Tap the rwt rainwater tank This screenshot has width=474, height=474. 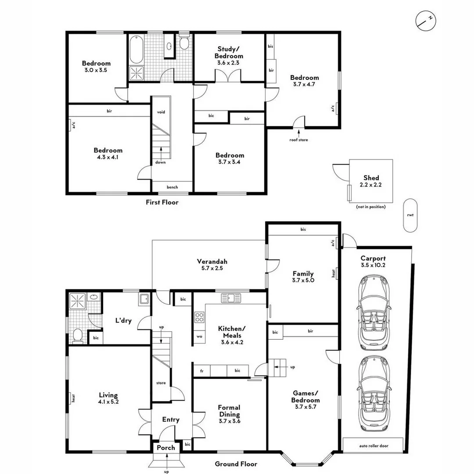pos(410,215)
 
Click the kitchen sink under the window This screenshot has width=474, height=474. pos(231,298)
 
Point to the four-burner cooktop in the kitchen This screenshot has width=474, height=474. pos(199,317)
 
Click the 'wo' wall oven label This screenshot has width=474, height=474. pos(199,337)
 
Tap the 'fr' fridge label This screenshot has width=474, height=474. pos(202,371)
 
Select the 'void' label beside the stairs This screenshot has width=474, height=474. pos(161,112)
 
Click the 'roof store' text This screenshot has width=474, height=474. pos(298,140)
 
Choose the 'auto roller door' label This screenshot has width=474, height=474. pos(373,445)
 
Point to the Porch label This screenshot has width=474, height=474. pos(166,448)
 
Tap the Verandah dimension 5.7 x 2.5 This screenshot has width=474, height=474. pos(212,268)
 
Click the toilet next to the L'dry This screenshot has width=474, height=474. pos(77,336)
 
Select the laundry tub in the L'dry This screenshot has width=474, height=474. pos(144,299)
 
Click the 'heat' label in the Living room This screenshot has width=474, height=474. pos(73,399)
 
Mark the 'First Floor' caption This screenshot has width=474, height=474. pos(162,202)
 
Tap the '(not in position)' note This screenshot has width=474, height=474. pos(370,207)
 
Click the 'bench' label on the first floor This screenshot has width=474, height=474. pos(172,187)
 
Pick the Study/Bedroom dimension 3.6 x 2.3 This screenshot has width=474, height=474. pos(229,63)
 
